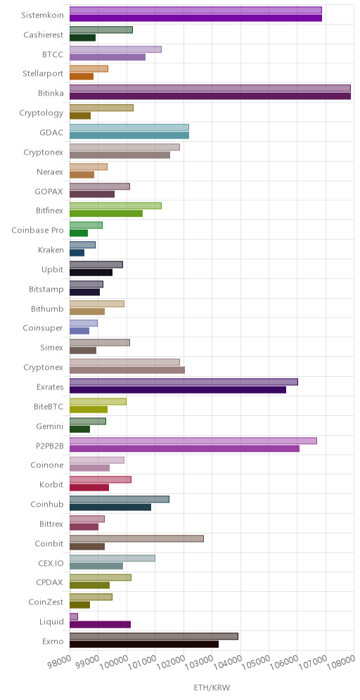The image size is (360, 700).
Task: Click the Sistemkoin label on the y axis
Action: point(42,15)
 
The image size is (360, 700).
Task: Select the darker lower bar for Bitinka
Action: point(210,96)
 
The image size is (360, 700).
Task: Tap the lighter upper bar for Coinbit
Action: point(136,538)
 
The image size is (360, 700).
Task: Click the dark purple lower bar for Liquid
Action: point(100,625)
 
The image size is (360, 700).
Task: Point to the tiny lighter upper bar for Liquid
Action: point(74,616)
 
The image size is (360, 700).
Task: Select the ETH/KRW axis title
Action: point(212,687)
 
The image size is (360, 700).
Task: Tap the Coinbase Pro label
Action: point(37,231)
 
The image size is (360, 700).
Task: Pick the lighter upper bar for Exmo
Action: point(154,636)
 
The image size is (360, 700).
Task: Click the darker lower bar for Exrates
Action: point(178,390)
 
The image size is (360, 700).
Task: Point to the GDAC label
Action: point(51,133)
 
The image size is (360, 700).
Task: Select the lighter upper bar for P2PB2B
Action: point(193,441)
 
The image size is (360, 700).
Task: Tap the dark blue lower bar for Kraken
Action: point(77,253)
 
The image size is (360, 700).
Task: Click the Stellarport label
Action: point(43,74)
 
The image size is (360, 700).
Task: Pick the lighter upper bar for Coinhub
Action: point(120,499)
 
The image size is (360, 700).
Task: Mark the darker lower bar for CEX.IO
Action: point(96,566)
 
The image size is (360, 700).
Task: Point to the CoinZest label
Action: point(46,602)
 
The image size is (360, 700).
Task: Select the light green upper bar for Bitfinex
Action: point(115,205)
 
